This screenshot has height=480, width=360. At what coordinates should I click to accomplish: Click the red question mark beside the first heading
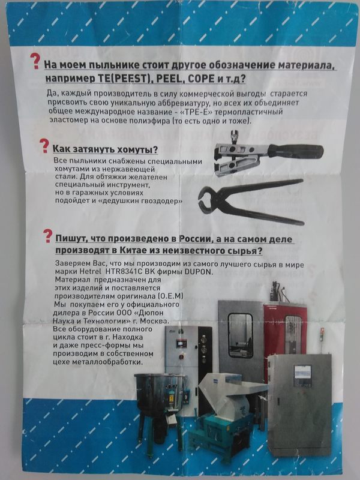point(35,61)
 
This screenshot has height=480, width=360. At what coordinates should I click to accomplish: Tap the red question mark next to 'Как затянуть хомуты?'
point(44,146)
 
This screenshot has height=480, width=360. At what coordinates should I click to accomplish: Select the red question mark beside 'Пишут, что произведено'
point(47,236)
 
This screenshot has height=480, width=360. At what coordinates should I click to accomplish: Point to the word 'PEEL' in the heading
point(170,79)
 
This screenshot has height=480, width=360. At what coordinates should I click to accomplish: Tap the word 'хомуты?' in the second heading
point(141,149)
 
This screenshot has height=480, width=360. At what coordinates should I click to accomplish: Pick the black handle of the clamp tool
point(295,150)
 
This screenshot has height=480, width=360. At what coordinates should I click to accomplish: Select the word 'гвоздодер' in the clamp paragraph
point(161,201)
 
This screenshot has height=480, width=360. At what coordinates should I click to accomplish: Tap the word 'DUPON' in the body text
point(198,272)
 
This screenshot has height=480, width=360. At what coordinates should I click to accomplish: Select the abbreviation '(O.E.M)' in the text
point(170,296)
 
